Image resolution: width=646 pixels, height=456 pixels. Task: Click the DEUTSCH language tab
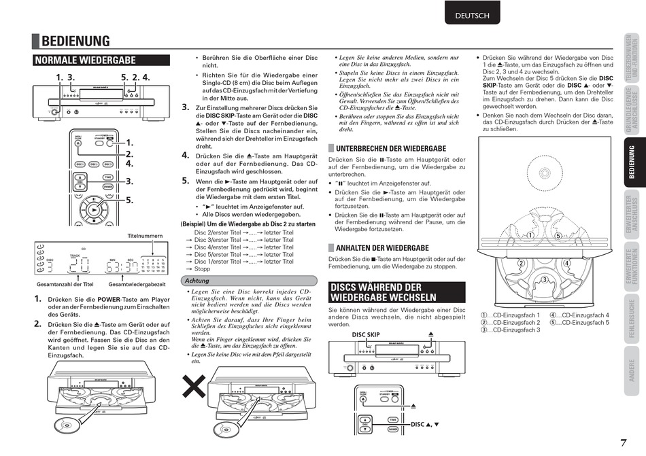pyautogui.click(x=472, y=15)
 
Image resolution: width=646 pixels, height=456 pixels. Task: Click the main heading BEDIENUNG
pyautogui.click(x=75, y=42)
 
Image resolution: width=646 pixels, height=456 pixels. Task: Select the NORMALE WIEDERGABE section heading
pyautogui.click(x=86, y=60)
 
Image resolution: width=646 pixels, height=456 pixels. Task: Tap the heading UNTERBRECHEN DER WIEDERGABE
pyautogui.click(x=390, y=148)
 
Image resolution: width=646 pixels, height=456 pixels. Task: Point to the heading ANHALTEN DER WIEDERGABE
pyautogui.click(x=382, y=248)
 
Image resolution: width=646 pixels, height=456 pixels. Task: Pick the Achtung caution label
pyautogui.click(x=198, y=281)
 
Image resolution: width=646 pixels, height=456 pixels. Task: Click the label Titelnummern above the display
pyautogui.click(x=146, y=236)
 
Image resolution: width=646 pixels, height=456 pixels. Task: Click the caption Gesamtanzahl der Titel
pyautogui.click(x=65, y=283)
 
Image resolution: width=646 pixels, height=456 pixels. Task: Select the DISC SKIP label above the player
pyautogui.click(x=366, y=335)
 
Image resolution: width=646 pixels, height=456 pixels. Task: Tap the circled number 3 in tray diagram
pyautogui.click(x=544, y=280)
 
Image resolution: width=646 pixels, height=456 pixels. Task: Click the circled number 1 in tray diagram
pyautogui.click(x=528, y=236)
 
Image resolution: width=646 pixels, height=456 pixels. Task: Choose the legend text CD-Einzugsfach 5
pyautogui.click(x=583, y=323)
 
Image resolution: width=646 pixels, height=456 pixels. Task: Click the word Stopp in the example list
pyautogui.click(x=202, y=269)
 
